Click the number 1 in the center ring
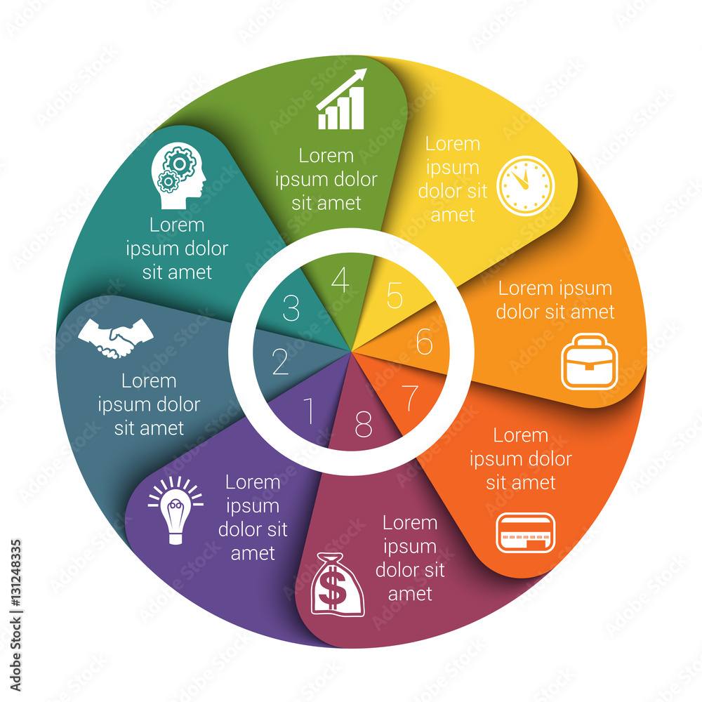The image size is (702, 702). pos(308,412)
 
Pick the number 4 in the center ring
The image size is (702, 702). pos(340,281)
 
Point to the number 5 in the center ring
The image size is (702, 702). pos(395,296)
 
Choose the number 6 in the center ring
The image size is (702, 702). pos(424,342)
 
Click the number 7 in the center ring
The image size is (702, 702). pos(409,398)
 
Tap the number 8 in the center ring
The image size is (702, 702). pos(363,423)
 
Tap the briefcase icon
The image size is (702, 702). pos(589,362)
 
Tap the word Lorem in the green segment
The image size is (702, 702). pos(326,155)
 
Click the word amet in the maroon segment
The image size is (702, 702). pos(410,594)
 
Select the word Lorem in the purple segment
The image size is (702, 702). pos(253,482)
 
